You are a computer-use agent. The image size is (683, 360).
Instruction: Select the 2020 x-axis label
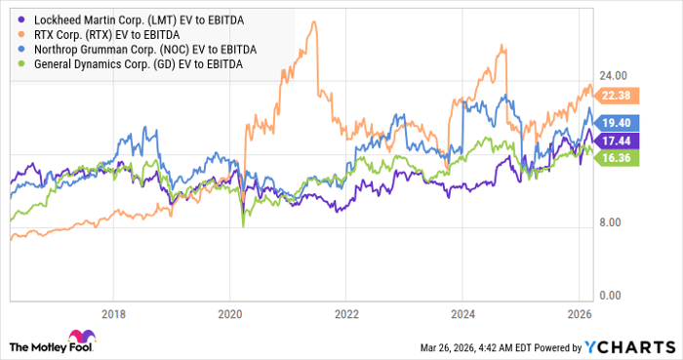pos(229,314)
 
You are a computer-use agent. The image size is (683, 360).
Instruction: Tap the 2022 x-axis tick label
pos(346,314)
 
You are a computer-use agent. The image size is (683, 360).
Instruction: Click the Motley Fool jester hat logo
pos(21,344)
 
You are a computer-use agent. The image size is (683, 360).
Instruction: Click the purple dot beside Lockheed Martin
pos(16,20)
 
